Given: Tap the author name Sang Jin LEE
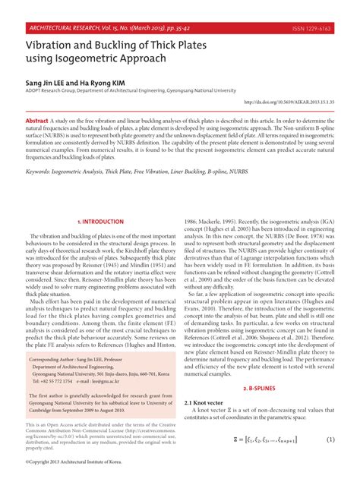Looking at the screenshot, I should coord(46,81).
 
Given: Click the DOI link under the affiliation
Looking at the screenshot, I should coord(289,101).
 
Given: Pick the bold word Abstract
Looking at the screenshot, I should coord(37,121).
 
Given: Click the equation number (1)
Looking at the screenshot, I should coord(331,440).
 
